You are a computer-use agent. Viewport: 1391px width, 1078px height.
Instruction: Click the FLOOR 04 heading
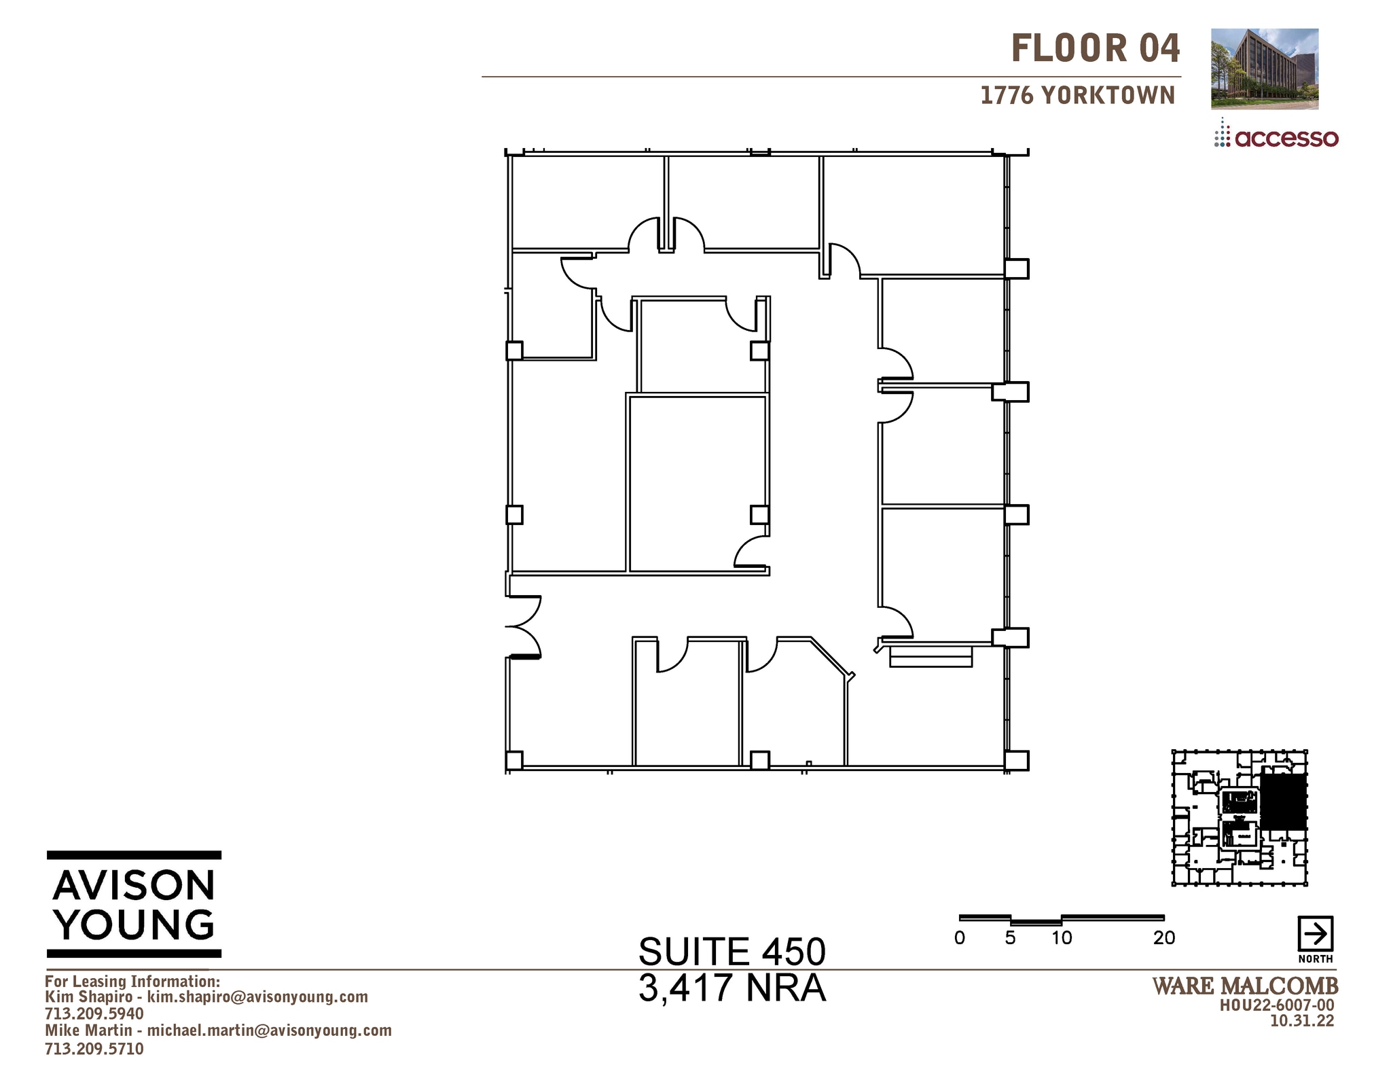[1095, 49]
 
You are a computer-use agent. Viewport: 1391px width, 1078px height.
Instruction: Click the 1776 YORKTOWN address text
[1077, 96]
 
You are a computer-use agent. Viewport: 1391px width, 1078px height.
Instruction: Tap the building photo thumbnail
[1264, 69]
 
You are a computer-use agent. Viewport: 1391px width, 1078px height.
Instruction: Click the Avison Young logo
[134, 904]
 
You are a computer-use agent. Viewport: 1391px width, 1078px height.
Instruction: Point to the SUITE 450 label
[731, 951]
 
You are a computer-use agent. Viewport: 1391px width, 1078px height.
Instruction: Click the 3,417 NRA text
[731, 988]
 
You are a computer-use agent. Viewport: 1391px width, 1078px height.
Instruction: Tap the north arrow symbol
[1315, 934]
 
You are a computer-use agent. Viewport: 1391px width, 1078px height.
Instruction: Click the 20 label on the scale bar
[1163, 938]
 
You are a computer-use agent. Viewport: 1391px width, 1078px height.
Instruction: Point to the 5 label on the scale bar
[1010, 938]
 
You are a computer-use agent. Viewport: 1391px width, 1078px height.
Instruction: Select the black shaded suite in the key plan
[1283, 801]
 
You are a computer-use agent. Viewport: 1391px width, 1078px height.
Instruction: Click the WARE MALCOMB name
[1245, 986]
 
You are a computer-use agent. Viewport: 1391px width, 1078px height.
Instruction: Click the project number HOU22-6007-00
[1277, 1005]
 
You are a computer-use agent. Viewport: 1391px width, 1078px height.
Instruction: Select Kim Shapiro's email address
[257, 996]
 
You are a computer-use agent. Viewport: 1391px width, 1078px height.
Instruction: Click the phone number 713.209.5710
[94, 1048]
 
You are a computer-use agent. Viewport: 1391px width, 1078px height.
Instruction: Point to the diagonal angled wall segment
[832, 656]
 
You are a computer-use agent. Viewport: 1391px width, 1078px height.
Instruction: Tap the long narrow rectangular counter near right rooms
[931, 657]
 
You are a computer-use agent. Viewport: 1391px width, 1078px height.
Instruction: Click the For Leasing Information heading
[132, 981]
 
